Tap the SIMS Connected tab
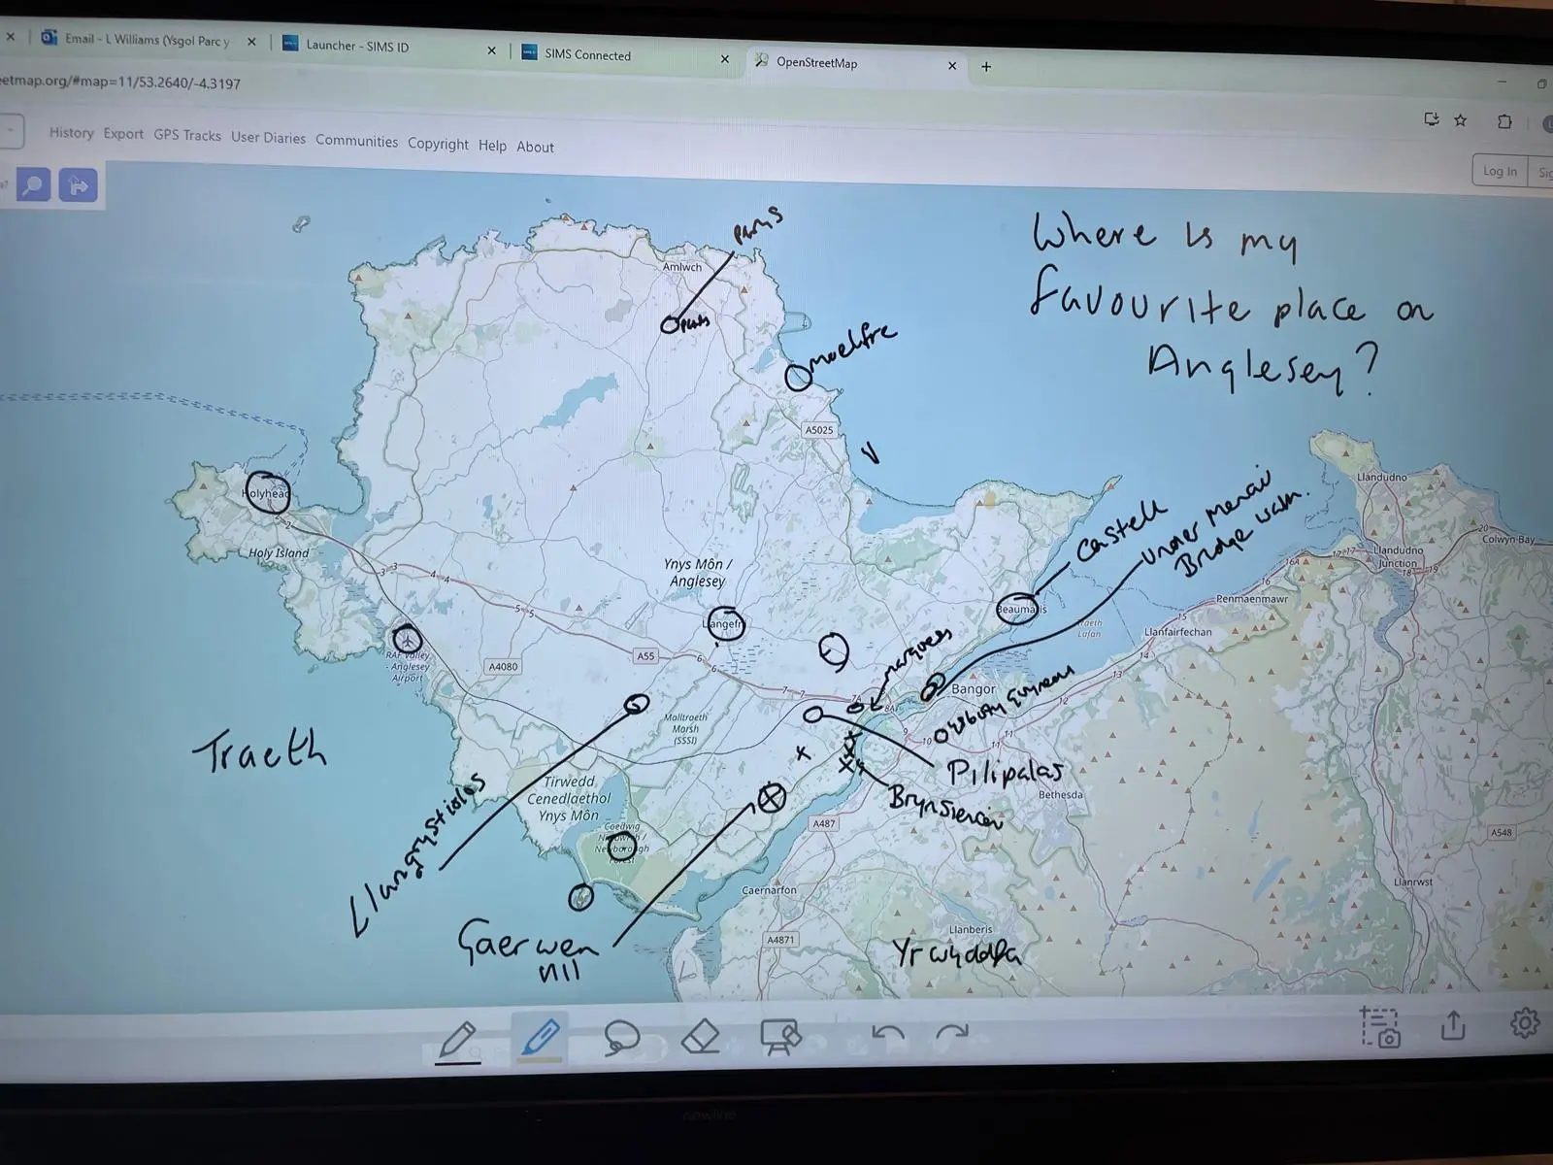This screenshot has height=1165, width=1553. click(587, 55)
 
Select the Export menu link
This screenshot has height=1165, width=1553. click(123, 134)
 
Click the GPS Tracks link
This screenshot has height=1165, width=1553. click(187, 135)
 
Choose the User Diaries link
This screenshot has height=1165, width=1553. click(268, 138)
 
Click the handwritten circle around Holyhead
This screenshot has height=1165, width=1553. click(267, 493)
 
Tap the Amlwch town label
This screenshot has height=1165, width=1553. click(681, 267)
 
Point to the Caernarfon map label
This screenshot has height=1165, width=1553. click(769, 890)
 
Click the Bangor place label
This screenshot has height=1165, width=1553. click(974, 689)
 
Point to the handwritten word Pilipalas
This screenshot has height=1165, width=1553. click(1004, 773)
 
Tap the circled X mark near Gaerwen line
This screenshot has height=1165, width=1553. click(771, 798)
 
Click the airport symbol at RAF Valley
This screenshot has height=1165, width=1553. click(408, 639)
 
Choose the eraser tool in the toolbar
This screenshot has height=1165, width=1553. click(700, 1037)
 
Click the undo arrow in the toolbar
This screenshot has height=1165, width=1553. click(887, 1035)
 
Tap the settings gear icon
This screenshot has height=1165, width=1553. click(1524, 1022)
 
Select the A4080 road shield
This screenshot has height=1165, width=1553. click(503, 667)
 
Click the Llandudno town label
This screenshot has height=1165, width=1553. click(1381, 478)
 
